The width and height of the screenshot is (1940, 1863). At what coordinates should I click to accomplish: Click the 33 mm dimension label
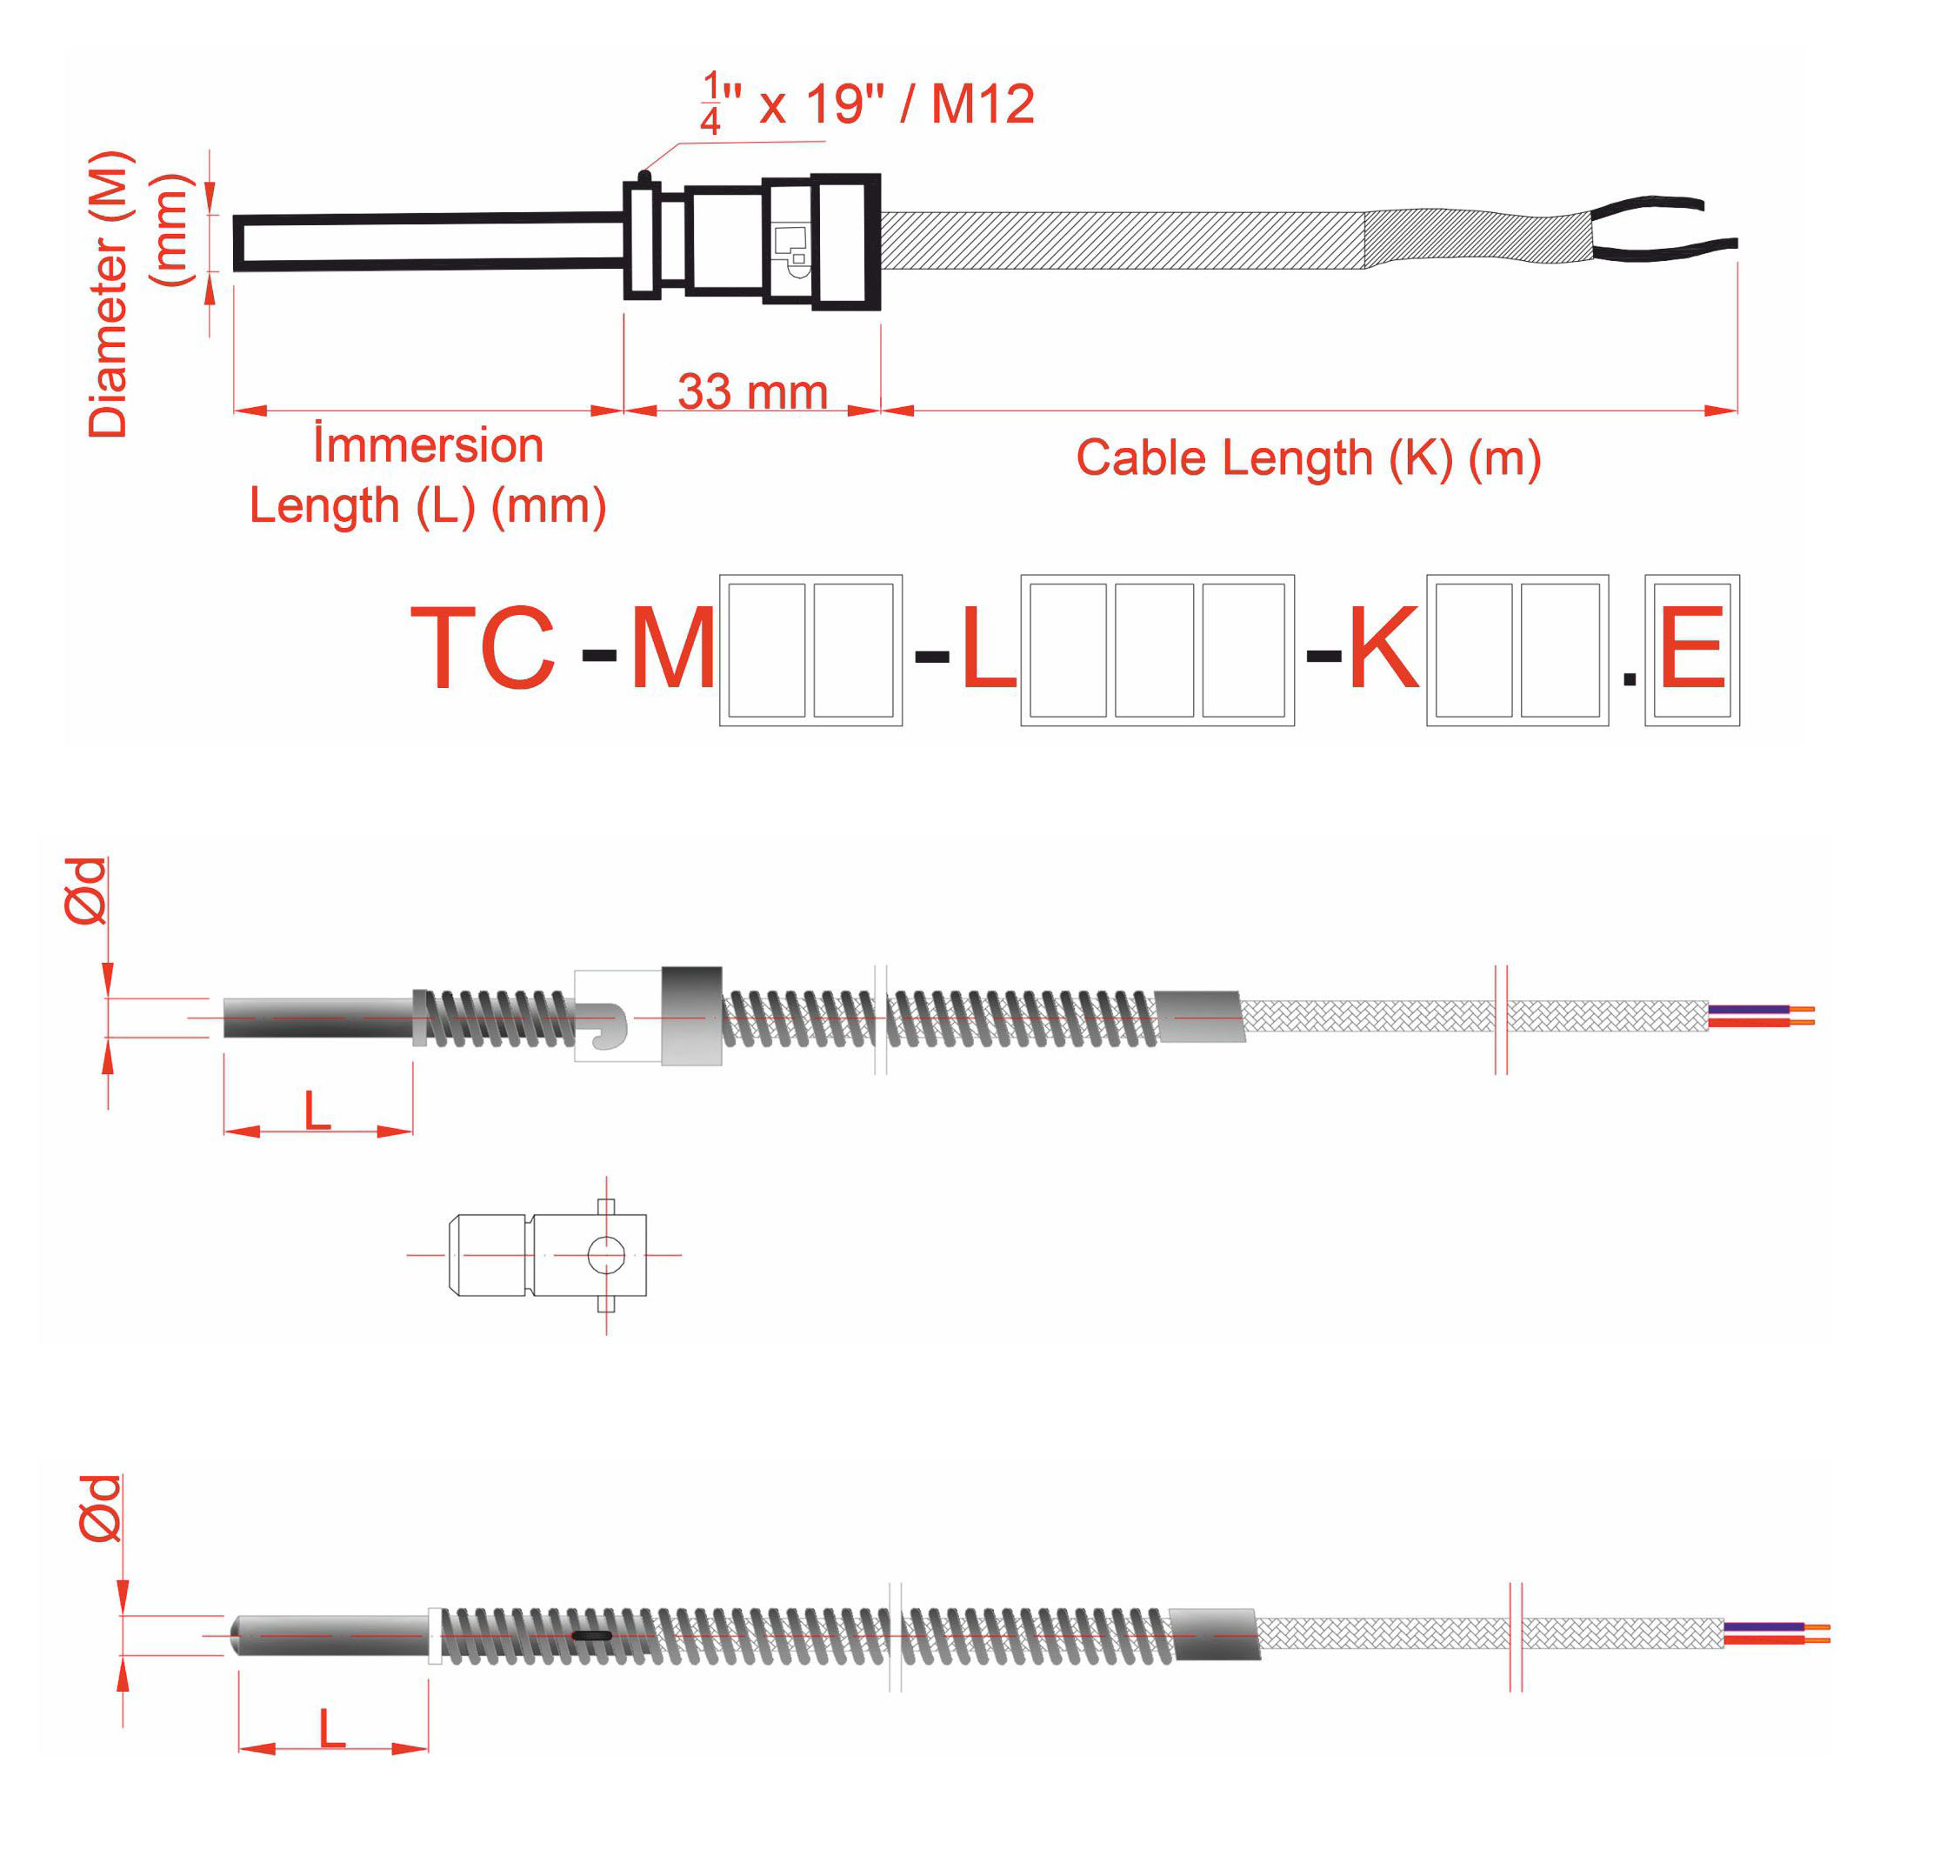(752, 392)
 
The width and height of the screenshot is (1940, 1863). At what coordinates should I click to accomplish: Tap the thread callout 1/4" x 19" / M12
(867, 103)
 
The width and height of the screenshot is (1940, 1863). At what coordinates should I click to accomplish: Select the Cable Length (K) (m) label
(1309, 459)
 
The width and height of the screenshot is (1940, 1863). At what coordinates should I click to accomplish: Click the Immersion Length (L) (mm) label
(428, 475)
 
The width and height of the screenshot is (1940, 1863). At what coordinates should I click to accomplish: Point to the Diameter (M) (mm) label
(137, 294)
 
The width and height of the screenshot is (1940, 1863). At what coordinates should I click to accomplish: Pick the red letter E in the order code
(1691, 650)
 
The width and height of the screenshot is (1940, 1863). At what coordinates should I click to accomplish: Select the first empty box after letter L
(1067, 651)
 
